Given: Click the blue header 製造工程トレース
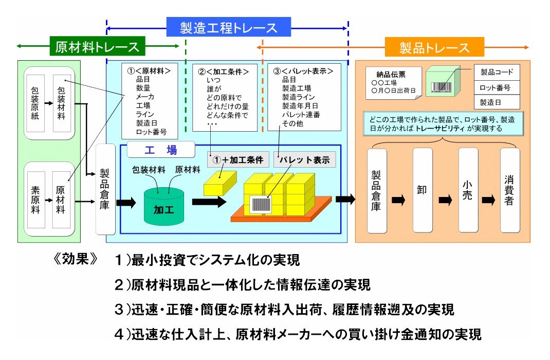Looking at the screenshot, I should (229, 27).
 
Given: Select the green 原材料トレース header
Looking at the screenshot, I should (97, 47).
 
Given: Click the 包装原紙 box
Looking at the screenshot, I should (35, 103).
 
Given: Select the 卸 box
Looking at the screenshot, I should (422, 190).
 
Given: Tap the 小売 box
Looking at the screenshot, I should (467, 190).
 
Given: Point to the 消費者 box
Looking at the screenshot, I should (509, 190).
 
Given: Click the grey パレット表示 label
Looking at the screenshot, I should (304, 159).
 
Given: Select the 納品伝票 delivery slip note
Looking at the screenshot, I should (392, 82).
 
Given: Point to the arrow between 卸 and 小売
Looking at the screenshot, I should (445, 200).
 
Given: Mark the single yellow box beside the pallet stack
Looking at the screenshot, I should (219, 183).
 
